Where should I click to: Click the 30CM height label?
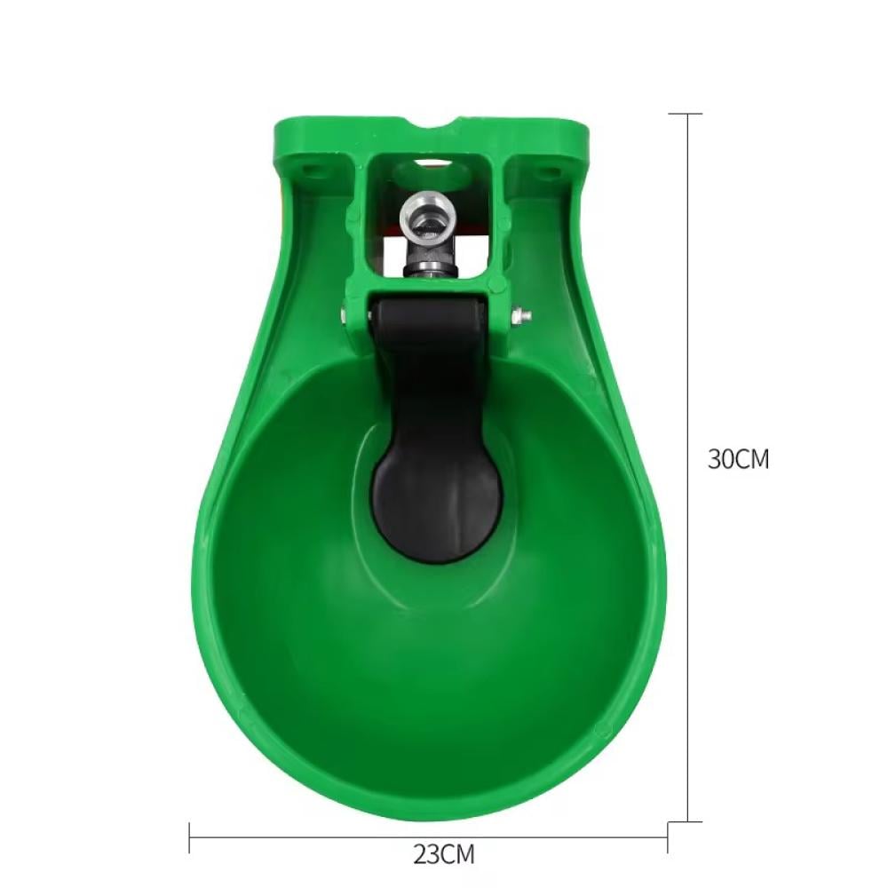point(739,459)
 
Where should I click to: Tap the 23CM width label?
point(443,854)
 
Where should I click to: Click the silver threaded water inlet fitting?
point(427,218)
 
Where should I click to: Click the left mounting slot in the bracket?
point(309,169)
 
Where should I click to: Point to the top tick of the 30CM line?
point(686,114)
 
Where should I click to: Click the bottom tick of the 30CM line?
point(686,821)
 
